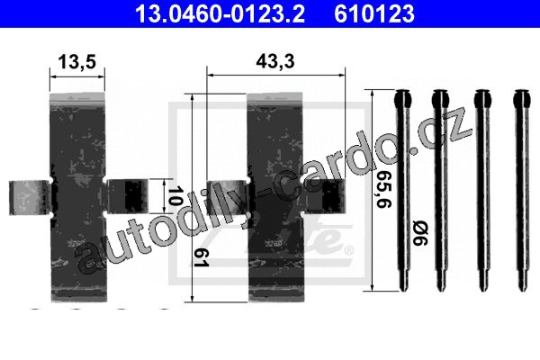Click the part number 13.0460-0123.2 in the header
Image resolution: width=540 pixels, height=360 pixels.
click(220, 13)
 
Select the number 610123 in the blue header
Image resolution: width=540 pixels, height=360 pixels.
click(374, 13)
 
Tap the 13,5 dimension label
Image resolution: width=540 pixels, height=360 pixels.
click(76, 62)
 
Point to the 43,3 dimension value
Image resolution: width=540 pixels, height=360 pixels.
click(275, 61)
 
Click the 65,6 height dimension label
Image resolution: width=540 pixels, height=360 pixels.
click(383, 189)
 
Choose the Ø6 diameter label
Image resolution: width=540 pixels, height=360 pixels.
click(420, 234)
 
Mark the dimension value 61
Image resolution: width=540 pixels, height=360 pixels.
click(202, 257)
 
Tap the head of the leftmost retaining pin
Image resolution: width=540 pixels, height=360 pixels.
click(402, 98)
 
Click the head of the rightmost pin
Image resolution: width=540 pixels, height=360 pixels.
click(522, 98)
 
